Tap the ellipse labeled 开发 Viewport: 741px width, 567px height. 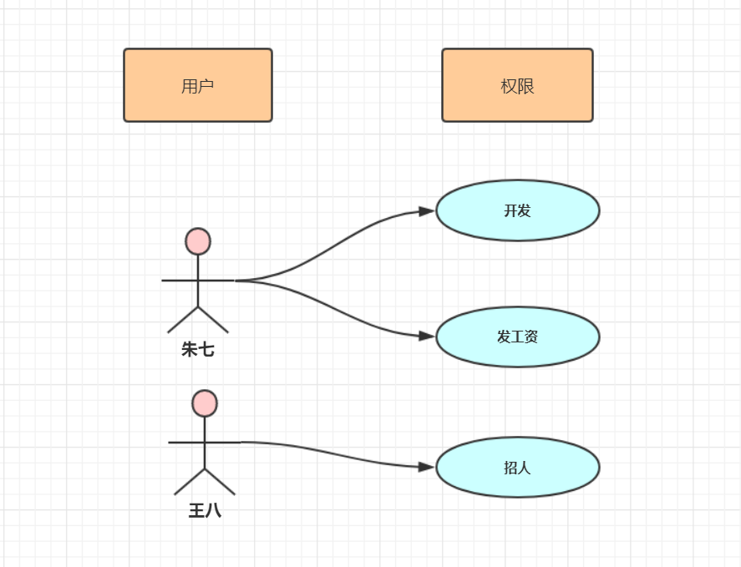[x=517, y=210]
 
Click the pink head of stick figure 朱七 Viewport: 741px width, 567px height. [x=198, y=241]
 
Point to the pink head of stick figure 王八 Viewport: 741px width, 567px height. [x=205, y=403]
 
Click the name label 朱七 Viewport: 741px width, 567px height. [x=198, y=350]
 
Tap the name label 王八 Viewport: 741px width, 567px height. [x=205, y=510]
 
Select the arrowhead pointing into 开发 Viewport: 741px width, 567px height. [x=427, y=211]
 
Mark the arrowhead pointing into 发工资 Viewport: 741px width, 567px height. [x=427, y=336]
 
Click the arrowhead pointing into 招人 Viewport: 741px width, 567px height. [x=427, y=466]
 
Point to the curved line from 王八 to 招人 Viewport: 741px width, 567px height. [x=334, y=453]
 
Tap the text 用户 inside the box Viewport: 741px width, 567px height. [x=197, y=86]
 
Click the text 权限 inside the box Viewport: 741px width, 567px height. [x=517, y=86]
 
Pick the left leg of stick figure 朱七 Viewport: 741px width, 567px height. [x=182, y=320]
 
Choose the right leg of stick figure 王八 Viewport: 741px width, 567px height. [x=221, y=482]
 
